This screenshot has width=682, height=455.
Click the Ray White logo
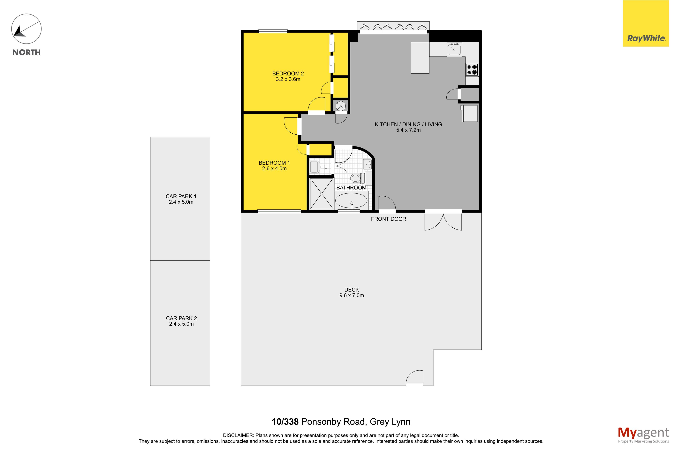[646, 24]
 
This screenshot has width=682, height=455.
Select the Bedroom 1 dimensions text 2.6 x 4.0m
[274, 169]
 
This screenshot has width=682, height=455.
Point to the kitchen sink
[454, 50]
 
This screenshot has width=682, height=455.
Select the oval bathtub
[352, 200]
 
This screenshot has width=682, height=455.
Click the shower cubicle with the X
[322, 193]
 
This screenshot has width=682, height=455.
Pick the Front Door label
[388, 219]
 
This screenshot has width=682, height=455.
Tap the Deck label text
[352, 290]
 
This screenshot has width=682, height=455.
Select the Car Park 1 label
[181, 196]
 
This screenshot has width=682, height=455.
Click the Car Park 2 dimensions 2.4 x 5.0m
[181, 324]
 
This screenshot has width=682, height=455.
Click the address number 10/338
[285, 422]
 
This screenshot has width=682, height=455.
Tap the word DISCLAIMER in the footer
[238, 435]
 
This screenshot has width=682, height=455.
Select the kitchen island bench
[420, 58]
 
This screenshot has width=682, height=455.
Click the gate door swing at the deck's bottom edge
[414, 377]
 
